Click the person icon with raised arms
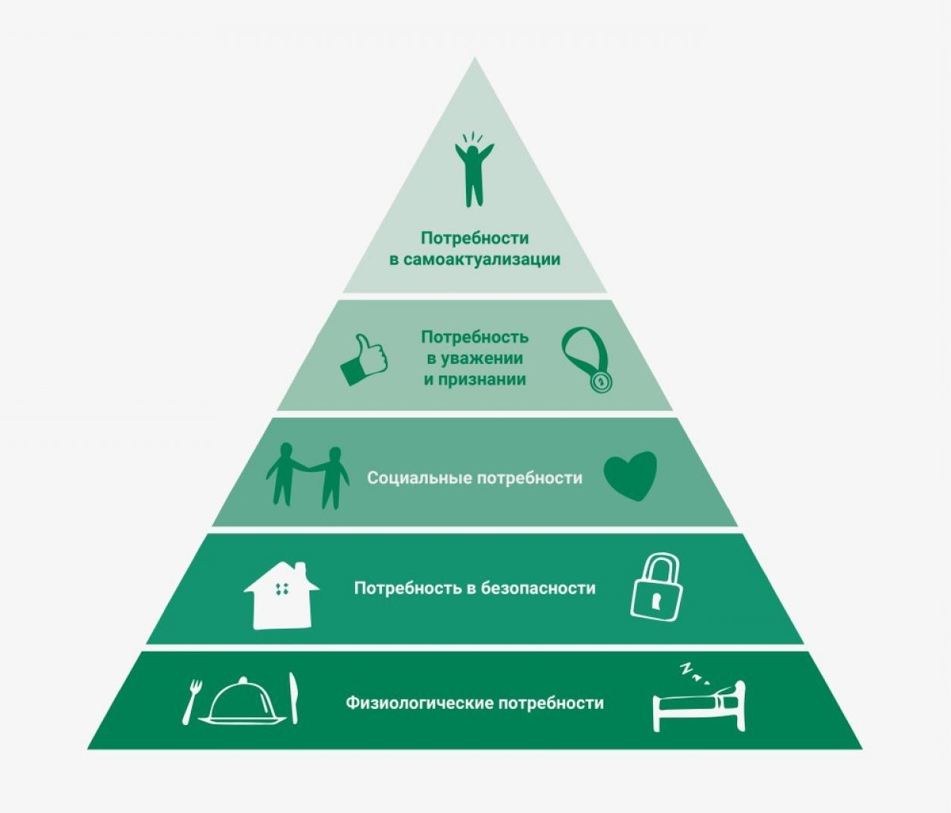[x=473, y=171]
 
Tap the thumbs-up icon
[x=364, y=360]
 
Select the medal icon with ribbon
[x=587, y=360]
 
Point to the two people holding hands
[x=307, y=476]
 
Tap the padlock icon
[x=656, y=588]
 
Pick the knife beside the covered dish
[x=294, y=698]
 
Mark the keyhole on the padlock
[x=656, y=599]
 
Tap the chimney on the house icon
[x=301, y=570]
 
